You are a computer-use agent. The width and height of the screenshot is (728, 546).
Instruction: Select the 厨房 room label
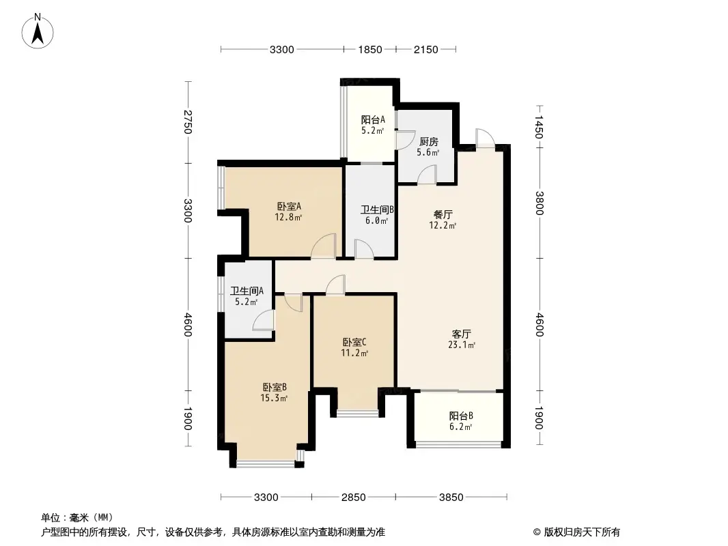[x=428, y=142]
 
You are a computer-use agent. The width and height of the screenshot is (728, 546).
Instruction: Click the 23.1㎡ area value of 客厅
[x=463, y=345]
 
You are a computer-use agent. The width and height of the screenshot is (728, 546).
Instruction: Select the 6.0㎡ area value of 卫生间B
[x=374, y=220]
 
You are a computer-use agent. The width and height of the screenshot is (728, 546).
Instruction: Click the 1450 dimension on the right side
[x=540, y=126]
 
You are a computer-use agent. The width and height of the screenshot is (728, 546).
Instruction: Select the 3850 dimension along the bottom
[x=451, y=497]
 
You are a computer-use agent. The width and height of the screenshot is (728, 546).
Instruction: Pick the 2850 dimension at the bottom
[x=353, y=497]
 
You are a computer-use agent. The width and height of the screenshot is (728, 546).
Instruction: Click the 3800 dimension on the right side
[x=540, y=203]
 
